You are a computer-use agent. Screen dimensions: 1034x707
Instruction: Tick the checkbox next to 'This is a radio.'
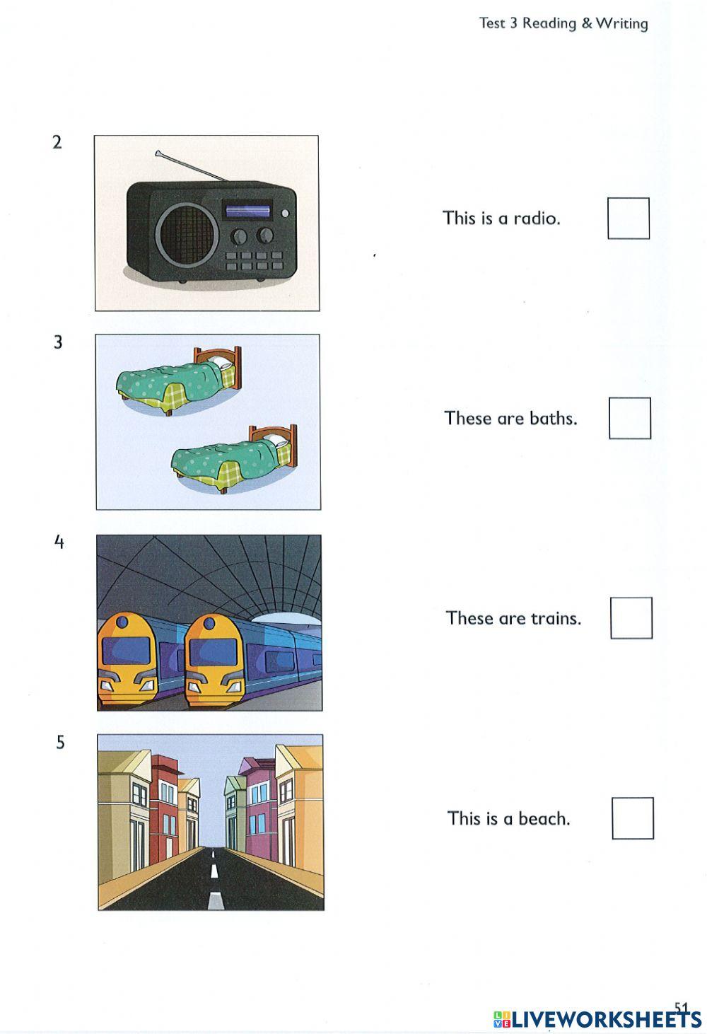[x=629, y=218]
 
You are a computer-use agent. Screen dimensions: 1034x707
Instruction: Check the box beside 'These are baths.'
[x=630, y=418]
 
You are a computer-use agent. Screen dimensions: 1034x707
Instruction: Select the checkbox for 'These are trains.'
[x=631, y=618]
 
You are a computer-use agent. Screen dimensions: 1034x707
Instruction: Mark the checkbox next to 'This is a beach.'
[x=633, y=818]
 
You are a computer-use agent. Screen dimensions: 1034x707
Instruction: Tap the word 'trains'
[x=556, y=618]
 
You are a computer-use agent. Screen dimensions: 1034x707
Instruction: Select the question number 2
[x=57, y=142]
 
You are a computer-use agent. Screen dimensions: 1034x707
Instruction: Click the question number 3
[x=58, y=342]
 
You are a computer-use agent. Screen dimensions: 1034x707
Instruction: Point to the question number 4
[x=59, y=542]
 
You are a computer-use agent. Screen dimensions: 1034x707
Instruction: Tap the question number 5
[x=60, y=743]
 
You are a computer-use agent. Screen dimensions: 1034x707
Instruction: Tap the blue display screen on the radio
[x=247, y=210]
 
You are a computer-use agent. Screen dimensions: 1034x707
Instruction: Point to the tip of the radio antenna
[x=158, y=152]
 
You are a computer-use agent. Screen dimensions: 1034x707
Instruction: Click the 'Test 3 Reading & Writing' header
[x=563, y=23]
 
